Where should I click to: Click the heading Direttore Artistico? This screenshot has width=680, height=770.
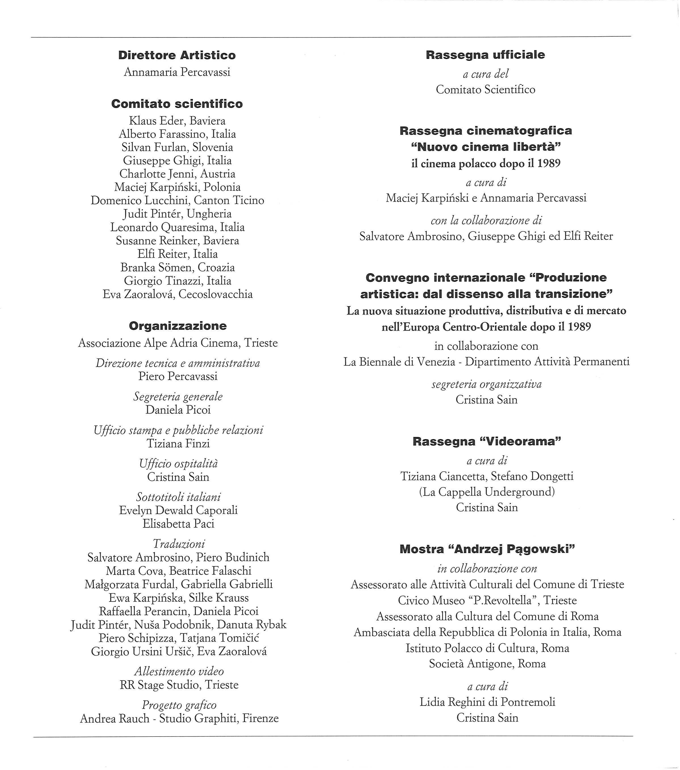[x=177, y=55]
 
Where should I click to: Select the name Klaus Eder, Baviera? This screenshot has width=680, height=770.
[x=177, y=121]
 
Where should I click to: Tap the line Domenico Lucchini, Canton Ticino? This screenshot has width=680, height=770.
[x=177, y=201]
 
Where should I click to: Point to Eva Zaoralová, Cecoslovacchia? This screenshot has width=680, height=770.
[x=178, y=294]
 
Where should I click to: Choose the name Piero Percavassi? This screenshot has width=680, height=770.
[x=178, y=376]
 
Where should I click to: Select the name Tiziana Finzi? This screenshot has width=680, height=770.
[x=178, y=444]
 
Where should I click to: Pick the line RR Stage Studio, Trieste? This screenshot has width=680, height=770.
[x=179, y=685]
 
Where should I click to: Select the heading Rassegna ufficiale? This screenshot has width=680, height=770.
[x=485, y=55]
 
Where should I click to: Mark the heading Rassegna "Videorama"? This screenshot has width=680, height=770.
[x=487, y=441]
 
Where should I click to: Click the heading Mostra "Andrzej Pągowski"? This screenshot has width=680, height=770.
[x=487, y=549]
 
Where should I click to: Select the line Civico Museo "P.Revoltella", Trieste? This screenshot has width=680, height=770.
[x=487, y=600]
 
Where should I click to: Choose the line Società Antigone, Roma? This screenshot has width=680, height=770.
[x=487, y=664]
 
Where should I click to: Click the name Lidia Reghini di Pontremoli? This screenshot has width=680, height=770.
[x=487, y=702]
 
